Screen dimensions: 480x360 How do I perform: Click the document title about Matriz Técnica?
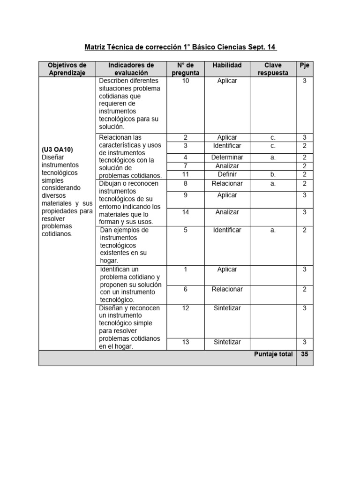point(180,47)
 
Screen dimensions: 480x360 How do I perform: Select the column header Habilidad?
point(227,65)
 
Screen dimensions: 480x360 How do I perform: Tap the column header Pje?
point(304,65)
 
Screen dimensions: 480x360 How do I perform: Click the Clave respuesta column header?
point(273,69)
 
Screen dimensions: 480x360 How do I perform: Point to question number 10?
point(185,81)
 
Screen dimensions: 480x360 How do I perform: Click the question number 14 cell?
point(185,212)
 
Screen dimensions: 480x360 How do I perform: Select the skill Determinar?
point(227,157)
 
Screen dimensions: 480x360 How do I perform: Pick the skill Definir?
point(227,174)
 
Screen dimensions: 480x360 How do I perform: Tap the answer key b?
point(273,174)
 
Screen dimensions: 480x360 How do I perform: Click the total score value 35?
point(304,354)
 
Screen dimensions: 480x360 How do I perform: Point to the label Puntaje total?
point(273,354)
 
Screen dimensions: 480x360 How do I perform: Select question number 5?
point(185,230)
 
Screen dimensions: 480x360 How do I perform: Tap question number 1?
point(185,270)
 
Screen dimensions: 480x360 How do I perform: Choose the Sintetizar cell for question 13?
point(227,342)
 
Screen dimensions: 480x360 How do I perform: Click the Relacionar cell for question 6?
point(227,289)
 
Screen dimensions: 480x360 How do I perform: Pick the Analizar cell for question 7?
point(227,166)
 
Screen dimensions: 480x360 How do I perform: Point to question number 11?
point(185,174)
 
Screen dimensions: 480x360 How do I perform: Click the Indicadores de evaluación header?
point(131,69)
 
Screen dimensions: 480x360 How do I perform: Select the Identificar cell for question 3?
point(227,146)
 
